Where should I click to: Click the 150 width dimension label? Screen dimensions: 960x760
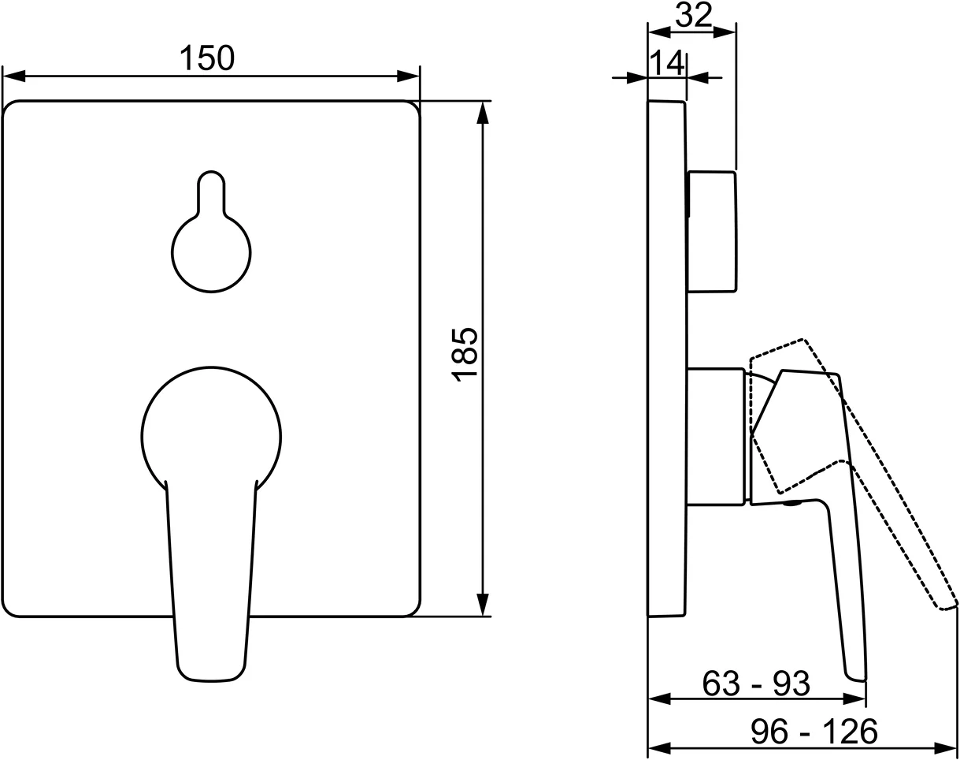206,58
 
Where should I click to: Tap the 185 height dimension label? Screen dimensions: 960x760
465,355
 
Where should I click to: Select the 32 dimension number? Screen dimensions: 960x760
694,15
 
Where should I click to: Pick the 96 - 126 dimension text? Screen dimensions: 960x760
814,732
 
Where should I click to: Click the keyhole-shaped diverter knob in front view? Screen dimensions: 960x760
211,231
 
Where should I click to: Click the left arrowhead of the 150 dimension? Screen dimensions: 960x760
14,76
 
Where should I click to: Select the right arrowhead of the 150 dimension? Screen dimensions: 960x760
408,76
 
